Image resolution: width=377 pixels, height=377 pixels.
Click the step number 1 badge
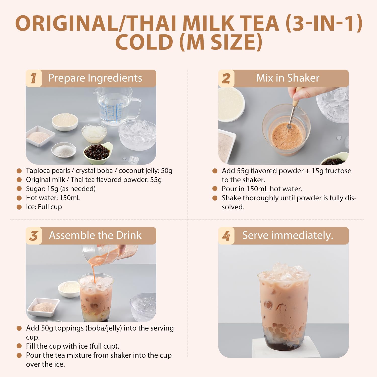pyautogui.click(x=34, y=78)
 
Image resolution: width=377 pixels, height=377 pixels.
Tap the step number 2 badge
pyautogui.click(x=226, y=78)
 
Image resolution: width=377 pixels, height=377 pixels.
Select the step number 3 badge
pyautogui.click(x=34, y=236)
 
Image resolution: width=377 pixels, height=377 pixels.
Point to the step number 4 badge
pyautogui.click(x=226, y=236)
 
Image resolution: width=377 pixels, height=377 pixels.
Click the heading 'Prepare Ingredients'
pyautogui.click(x=95, y=78)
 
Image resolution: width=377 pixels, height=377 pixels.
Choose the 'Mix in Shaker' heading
pyautogui.click(x=288, y=78)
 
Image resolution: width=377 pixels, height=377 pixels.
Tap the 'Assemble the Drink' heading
pyautogui.click(x=95, y=235)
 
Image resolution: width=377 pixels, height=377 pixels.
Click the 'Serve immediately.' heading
pyautogui.click(x=288, y=235)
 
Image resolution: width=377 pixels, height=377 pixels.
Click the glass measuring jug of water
pyautogui.click(x=114, y=107)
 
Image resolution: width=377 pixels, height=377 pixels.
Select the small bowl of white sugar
pyautogui.click(x=64, y=150)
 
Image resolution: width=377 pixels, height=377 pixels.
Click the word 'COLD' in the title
pyautogui.click(x=144, y=42)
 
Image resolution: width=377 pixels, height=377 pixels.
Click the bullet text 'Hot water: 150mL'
pyautogui.click(x=53, y=198)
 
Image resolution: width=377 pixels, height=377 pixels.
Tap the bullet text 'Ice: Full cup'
pyautogui.click(x=44, y=207)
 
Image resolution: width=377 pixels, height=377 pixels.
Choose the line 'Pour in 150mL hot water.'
pyautogui.click(x=262, y=189)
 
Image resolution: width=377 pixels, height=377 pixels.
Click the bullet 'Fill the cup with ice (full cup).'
pyautogui.click(x=72, y=346)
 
